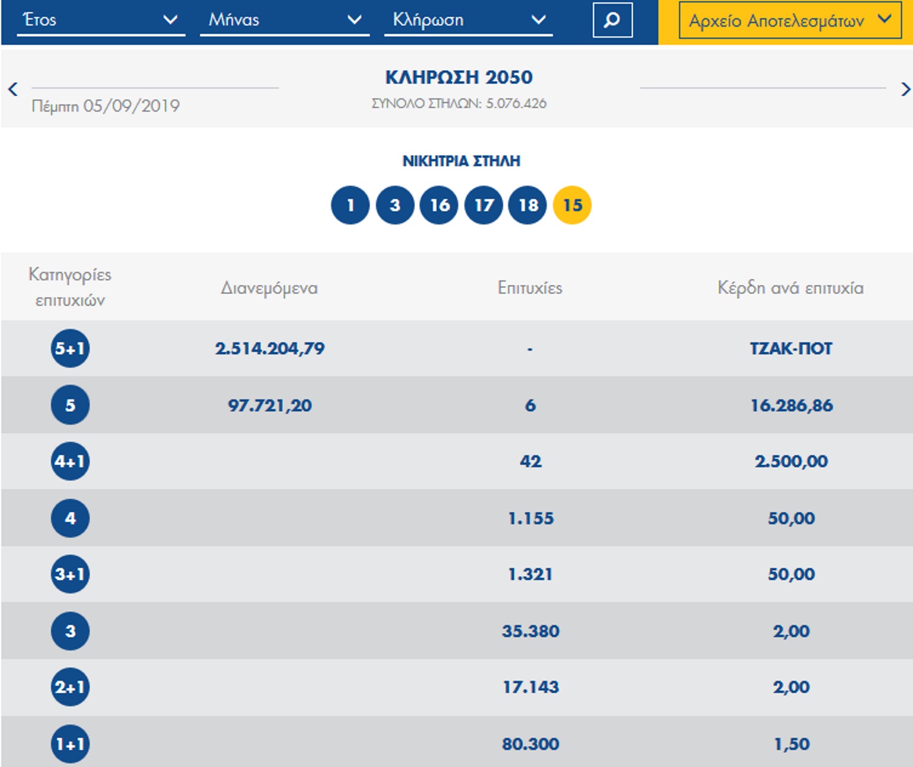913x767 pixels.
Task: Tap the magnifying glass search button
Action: [612, 20]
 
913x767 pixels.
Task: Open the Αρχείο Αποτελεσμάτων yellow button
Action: [790, 20]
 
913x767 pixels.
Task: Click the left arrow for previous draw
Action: [13, 89]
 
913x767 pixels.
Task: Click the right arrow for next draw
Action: [906, 89]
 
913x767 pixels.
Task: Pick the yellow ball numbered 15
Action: [572, 205]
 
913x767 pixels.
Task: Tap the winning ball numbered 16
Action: [439, 205]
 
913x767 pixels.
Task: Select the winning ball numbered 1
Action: [350, 205]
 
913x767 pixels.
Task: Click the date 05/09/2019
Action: [131, 106]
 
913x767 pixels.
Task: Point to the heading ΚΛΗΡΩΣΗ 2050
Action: [459, 77]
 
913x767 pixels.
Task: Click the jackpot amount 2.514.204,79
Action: [270, 349]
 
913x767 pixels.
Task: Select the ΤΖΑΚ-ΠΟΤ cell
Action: [791, 349]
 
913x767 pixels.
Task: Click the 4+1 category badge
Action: [70, 461]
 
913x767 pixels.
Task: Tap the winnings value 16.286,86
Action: [792, 405]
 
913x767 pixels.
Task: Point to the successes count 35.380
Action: [530, 631]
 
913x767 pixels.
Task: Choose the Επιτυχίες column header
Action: [530, 288]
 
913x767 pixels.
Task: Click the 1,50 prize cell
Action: [792, 744]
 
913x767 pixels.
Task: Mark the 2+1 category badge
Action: [70, 687]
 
